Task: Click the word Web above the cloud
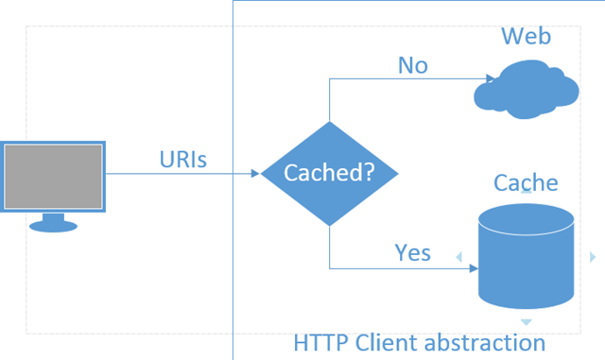coord(526,36)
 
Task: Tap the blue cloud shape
coord(527,89)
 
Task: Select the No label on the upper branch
coord(413,65)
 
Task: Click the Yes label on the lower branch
coord(412,252)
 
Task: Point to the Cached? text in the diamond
coord(329,172)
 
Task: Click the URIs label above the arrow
coord(183,159)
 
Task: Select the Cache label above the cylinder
coord(526,182)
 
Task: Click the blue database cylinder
coord(526,256)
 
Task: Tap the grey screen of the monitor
coord(53,177)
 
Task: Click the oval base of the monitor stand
coord(53,227)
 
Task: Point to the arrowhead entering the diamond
coord(255,174)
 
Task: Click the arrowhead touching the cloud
coord(491,78)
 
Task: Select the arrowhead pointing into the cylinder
coord(474,268)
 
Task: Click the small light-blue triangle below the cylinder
coord(526,322)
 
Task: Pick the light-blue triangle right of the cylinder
coord(593,257)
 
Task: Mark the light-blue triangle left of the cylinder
coord(459,257)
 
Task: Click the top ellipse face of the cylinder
coord(526,219)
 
